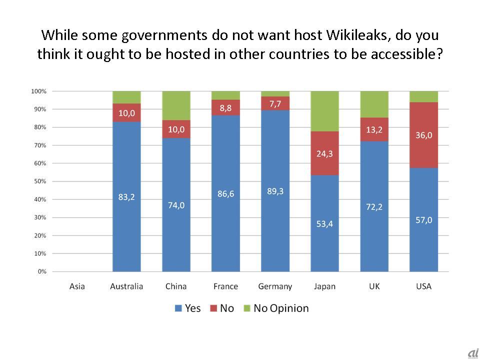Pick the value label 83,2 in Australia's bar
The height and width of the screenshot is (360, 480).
(127, 197)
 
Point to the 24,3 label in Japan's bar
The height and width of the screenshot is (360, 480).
(325, 154)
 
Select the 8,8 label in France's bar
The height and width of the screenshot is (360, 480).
(226, 107)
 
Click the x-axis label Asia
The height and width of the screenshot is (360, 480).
(77, 286)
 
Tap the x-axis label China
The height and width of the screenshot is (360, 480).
(176, 286)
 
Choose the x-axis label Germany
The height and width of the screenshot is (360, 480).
(275, 286)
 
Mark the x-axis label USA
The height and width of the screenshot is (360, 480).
(424, 286)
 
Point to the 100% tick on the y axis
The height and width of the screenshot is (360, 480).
(39, 91)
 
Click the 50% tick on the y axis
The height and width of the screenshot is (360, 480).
(40, 181)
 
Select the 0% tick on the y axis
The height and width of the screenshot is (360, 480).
(41, 271)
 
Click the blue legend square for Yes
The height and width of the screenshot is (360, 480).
(178, 308)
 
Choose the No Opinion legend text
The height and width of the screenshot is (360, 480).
(281, 308)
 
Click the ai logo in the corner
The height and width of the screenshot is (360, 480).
(473, 353)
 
